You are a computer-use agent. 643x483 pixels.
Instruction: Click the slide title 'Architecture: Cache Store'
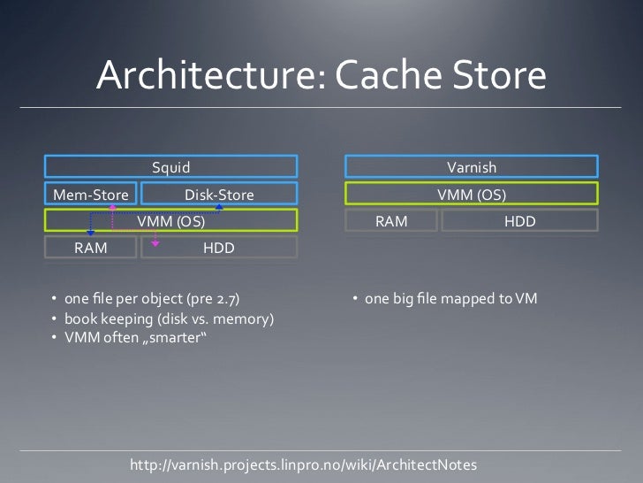pos(321,75)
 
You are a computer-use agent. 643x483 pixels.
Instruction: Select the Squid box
pos(170,166)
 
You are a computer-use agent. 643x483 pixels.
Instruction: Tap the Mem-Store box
pos(91,195)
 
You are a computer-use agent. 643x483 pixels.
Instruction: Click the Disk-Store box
pos(219,195)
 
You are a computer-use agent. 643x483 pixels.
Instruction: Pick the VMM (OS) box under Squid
pos(170,221)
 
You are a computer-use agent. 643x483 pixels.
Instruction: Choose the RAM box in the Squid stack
pos(91,248)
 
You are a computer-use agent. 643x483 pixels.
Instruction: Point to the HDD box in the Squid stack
pos(219,248)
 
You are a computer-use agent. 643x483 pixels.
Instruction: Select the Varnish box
pos(471,166)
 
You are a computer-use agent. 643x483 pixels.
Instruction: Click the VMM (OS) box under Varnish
pos(471,194)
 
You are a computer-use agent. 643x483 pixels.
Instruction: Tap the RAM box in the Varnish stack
pos(390,221)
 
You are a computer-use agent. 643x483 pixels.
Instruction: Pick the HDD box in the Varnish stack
pos(519,221)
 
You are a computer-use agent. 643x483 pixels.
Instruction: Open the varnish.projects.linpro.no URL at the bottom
pos(303,464)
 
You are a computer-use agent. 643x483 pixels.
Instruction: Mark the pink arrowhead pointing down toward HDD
pos(155,240)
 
